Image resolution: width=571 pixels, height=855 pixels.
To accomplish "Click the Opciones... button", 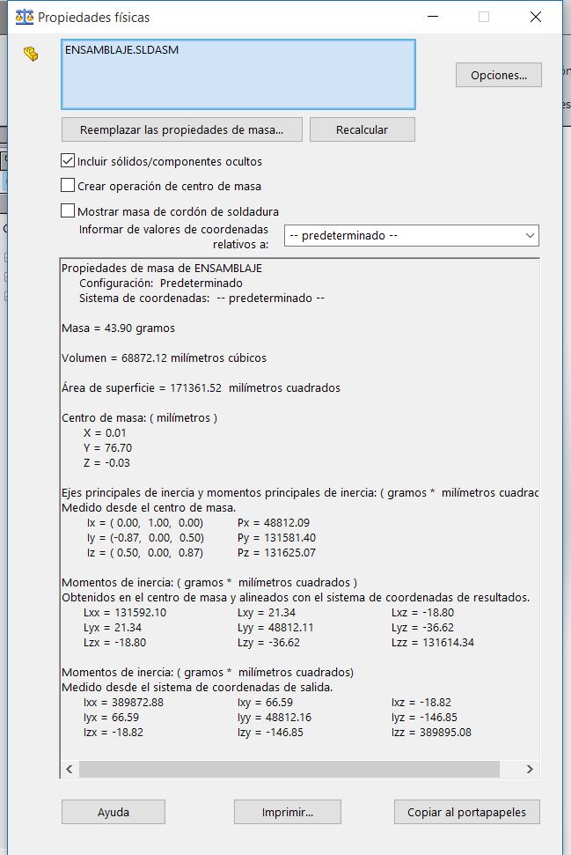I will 498,76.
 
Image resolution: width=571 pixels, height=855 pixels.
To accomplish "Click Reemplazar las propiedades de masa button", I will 181,129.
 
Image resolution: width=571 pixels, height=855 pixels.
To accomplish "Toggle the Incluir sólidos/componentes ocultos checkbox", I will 68,161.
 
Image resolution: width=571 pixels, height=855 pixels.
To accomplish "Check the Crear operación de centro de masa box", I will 68,186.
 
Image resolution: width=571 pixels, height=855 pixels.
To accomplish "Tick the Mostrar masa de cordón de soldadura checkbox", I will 68,211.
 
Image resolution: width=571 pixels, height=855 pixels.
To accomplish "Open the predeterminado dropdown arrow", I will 529,236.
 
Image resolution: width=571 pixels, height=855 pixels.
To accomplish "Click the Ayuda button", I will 113,812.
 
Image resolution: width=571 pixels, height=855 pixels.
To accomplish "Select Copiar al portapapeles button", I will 466,812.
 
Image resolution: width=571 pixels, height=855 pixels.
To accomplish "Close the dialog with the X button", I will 535,17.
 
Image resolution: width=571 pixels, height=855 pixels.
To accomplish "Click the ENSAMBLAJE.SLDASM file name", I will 121,50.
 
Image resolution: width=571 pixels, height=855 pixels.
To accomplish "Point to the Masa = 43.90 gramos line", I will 118,328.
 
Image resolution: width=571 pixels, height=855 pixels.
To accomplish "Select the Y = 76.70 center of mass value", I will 106,448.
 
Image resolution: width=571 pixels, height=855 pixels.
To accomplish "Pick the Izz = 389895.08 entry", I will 431,733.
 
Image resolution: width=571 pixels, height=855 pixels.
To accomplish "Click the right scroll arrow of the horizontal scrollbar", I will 529,769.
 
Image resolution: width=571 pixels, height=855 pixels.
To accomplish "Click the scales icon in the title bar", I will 25,17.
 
